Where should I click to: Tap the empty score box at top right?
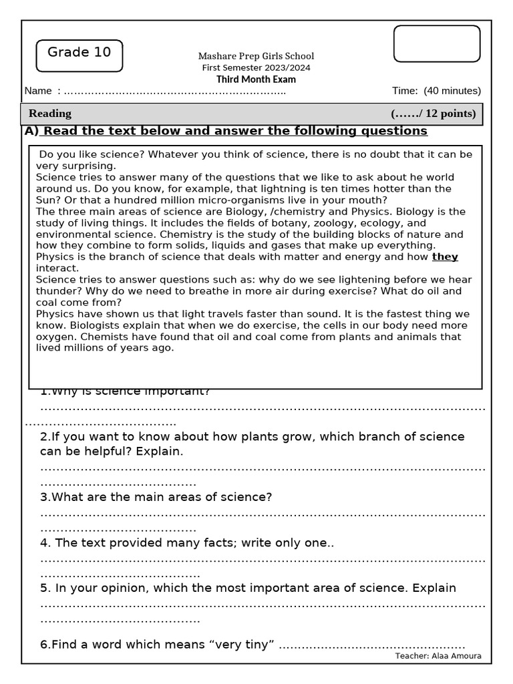[437, 43]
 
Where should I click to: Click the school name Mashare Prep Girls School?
[256, 56]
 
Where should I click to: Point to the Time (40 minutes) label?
[436, 91]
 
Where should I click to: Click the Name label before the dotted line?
[38, 91]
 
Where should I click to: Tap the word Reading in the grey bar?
[50, 114]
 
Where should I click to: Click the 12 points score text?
[434, 114]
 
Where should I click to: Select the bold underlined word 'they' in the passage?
[445, 256]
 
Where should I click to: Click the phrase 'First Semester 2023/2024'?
[256, 68]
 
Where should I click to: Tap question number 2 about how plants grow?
[252, 444]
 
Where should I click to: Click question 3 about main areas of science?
[156, 497]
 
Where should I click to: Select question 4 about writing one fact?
[187, 543]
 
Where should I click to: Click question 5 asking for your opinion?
[248, 588]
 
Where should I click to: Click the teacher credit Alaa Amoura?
[438, 656]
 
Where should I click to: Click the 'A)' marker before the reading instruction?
[32, 131]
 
